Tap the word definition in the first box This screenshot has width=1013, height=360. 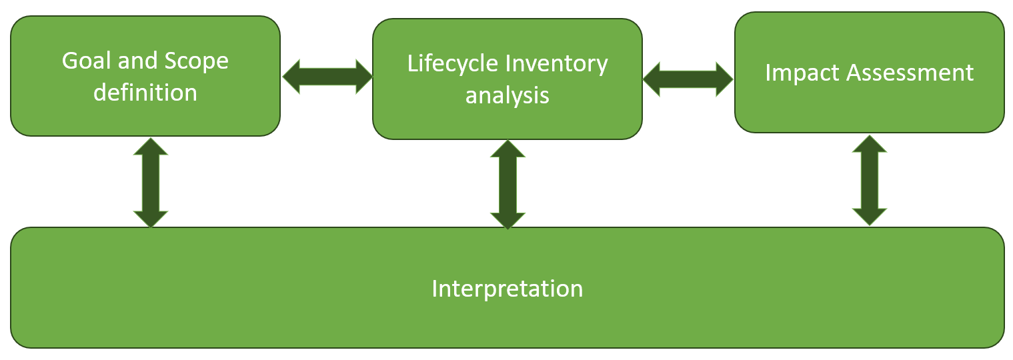(145, 92)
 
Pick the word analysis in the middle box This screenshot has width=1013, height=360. (508, 95)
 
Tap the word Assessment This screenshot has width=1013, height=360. (910, 72)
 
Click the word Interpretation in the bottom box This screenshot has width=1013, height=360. (508, 289)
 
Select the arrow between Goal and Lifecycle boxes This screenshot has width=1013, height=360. (327, 77)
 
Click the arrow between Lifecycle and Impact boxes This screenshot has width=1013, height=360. (688, 79)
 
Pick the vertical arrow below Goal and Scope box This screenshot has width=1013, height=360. (151, 182)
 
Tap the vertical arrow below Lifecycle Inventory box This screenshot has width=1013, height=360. (508, 185)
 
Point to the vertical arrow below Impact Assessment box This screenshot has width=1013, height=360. (870, 180)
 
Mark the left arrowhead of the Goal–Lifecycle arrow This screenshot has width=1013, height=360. (292, 77)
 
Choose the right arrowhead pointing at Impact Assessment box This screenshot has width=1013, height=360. (724, 79)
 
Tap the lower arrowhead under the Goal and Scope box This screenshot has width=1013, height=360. (151, 219)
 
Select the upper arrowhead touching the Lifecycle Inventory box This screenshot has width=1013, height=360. (508, 149)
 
